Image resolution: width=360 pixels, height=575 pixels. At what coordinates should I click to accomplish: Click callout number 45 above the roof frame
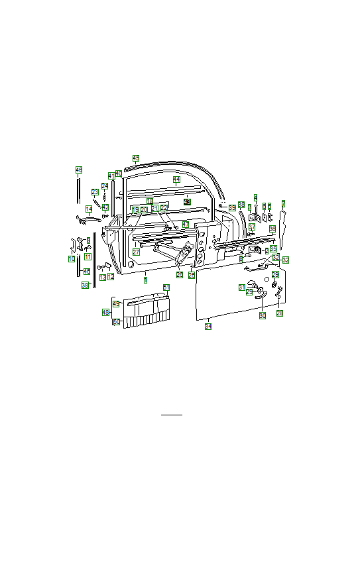point(135,158)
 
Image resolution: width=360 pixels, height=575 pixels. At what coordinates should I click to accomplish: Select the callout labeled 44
point(176,180)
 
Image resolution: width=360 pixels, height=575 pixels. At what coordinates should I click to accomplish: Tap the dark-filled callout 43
point(187,201)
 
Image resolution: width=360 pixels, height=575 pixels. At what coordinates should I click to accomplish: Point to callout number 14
point(88,209)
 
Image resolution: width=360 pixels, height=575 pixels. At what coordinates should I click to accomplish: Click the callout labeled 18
point(150,201)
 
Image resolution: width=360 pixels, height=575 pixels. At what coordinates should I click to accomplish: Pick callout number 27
point(135,252)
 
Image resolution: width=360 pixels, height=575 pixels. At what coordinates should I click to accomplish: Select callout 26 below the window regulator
point(180,274)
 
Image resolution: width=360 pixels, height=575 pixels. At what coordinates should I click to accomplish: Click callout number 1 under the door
point(145,282)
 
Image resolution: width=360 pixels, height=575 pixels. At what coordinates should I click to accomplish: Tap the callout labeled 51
point(166,287)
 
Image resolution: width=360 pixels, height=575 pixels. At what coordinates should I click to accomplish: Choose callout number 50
point(116,322)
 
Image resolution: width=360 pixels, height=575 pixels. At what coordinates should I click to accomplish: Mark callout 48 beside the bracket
point(105,312)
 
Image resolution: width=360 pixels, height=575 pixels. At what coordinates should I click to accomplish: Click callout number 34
point(208,327)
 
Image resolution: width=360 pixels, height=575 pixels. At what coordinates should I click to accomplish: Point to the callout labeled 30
point(262,316)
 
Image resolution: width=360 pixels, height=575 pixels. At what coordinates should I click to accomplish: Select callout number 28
point(279,313)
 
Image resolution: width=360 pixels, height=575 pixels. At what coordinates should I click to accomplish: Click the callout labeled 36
point(272,229)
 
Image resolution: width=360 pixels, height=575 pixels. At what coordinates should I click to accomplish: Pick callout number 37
point(252,227)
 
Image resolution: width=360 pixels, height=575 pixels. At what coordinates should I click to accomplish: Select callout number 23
point(95,192)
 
